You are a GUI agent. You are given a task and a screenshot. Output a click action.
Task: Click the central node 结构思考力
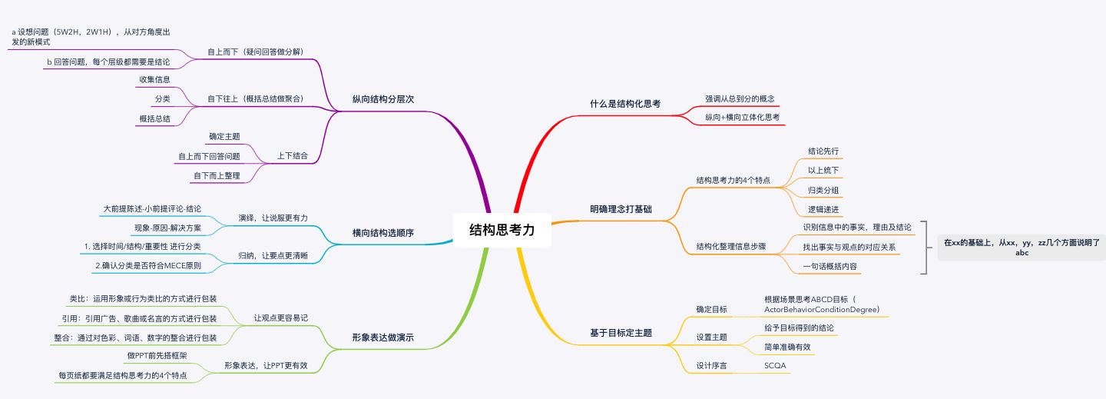pyautogui.click(x=502, y=230)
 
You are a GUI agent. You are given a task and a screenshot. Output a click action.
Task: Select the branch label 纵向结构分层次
pyautogui.click(x=383, y=99)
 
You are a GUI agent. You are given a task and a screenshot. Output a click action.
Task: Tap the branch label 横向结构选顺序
pyautogui.click(x=383, y=233)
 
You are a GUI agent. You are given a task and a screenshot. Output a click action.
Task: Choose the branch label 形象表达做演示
pyautogui.click(x=383, y=337)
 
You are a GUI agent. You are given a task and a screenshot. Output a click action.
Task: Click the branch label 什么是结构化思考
pyautogui.click(x=625, y=104)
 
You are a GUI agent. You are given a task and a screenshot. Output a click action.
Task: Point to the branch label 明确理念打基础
pyautogui.click(x=621, y=209)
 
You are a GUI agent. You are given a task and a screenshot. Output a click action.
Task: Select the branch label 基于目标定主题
pyautogui.click(x=621, y=333)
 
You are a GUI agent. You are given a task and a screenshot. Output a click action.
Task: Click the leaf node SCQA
pyautogui.click(x=775, y=366)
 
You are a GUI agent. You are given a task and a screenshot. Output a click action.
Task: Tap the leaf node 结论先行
pyautogui.click(x=823, y=151)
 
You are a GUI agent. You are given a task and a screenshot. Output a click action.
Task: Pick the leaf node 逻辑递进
pyautogui.click(x=823, y=210)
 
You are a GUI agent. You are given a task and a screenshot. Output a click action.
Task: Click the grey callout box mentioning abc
pyautogui.click(x=1022, y=248)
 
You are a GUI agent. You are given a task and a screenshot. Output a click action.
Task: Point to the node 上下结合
pyautogui.click(x=293, y=156)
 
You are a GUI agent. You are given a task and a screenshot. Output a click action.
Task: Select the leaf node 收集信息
pyautogui.click(x=154, y=80)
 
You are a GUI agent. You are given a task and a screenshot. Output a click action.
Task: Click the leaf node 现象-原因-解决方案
pyautogui.click(x=168, y=228)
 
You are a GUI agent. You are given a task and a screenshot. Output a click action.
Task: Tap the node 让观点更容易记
pyautogui.click(x=281, y=318)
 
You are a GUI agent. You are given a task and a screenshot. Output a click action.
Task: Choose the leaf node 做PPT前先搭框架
pyautogui.click(x=157, y=355)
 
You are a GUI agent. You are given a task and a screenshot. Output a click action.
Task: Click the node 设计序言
pyautogui.click(x=711, y=366)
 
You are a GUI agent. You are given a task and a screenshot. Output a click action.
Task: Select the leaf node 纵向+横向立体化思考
pyautogui.click(x=743, y=118)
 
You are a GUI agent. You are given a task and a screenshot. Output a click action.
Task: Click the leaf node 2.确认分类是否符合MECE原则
pyautogui.click(x=148, y=266)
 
